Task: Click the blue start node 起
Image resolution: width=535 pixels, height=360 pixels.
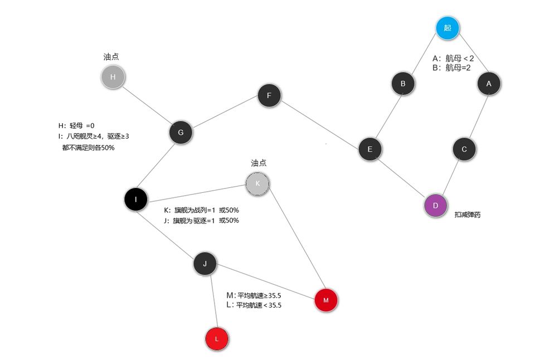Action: [x=448, y=28]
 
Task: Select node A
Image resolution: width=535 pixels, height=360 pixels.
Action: [x=489, y=83]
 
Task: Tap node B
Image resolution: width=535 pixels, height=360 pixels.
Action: [x=403, y=84]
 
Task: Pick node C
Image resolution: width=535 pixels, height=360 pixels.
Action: [x=464, y=149]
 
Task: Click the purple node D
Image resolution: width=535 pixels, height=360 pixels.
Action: [x=436, y=206]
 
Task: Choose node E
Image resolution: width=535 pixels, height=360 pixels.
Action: [x=369, y=149]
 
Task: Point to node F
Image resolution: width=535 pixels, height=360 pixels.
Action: [x=269, y=95]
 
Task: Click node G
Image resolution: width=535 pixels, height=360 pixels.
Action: [x=181, y=133]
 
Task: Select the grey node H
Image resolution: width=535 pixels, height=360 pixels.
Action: [x=113, y=77]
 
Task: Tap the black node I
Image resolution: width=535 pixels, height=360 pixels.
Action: [x=136, y=198]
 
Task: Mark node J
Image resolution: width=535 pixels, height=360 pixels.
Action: [x=205, y=264]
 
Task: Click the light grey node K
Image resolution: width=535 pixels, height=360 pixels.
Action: [x=257, y=183]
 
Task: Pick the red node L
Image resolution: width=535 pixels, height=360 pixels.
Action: [x=217, y=338]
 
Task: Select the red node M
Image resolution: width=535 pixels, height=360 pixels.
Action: [x=326, y=300]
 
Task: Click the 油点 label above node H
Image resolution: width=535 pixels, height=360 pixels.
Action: [x=111, y=57]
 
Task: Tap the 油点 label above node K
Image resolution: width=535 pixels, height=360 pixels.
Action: [x=259, y=163]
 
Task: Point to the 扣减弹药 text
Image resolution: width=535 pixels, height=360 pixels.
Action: [x=468, y=214]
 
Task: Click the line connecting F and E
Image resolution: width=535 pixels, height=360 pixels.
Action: [x=319, y=123]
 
